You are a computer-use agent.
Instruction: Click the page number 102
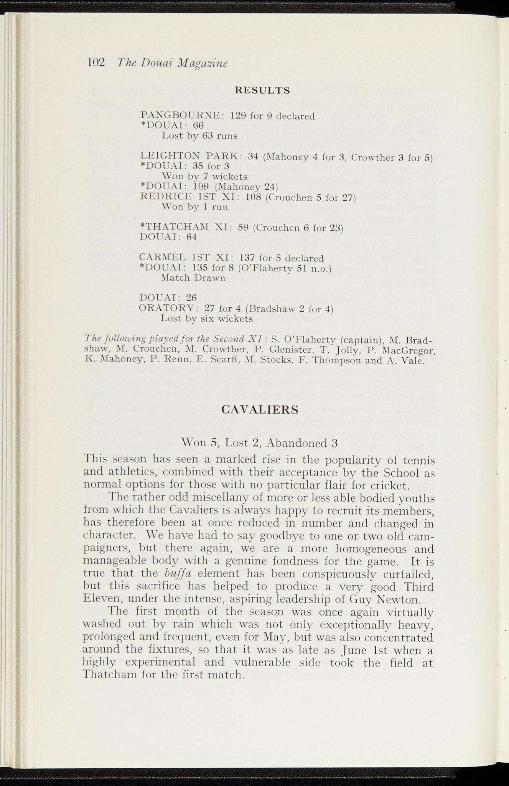coord(96,63)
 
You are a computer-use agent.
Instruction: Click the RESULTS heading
coord(262,90)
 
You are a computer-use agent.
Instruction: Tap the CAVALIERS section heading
coord(260,410)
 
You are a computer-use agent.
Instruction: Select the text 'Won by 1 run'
coord(194,207)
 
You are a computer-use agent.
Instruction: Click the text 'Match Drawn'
coord(193,277)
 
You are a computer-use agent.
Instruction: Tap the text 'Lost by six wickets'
coord(206,319)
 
